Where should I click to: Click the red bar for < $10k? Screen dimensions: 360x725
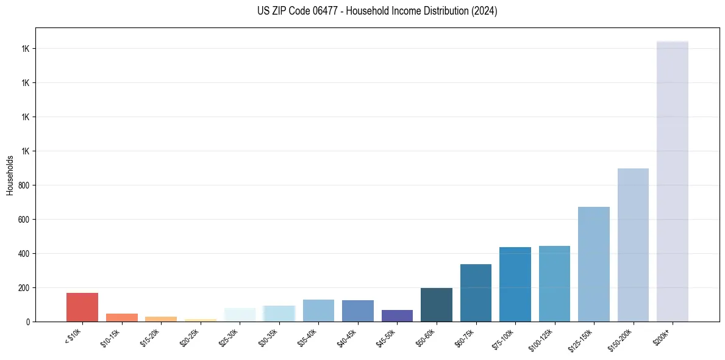pos(82,307)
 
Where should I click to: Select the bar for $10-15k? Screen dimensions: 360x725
pos(122,317)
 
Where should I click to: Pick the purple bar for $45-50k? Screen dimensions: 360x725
pos(397,315)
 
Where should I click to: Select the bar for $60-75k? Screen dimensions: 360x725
pos(476,293)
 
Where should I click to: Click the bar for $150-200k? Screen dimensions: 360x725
pos(633,245)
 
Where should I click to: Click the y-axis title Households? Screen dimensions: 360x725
pos(10,175)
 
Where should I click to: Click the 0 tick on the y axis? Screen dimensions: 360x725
pos(27,322)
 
